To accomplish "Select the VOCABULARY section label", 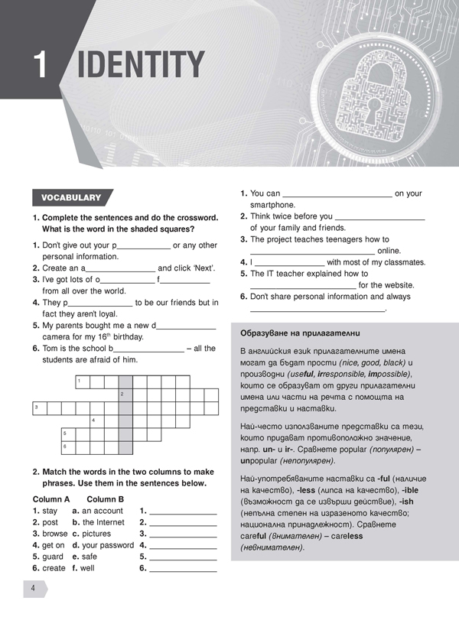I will tap(71, 198).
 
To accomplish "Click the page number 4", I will tap(34, 588).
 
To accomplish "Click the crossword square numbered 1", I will tap(82, 382).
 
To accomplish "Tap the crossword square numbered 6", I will tap(67, 447).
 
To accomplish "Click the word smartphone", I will tap(272, 205).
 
